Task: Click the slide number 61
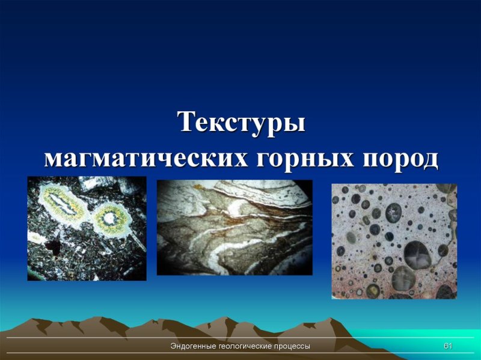(447, 347)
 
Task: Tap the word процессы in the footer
(293, 347)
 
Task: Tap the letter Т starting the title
(186, 123)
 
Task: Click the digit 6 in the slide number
(446, 347)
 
